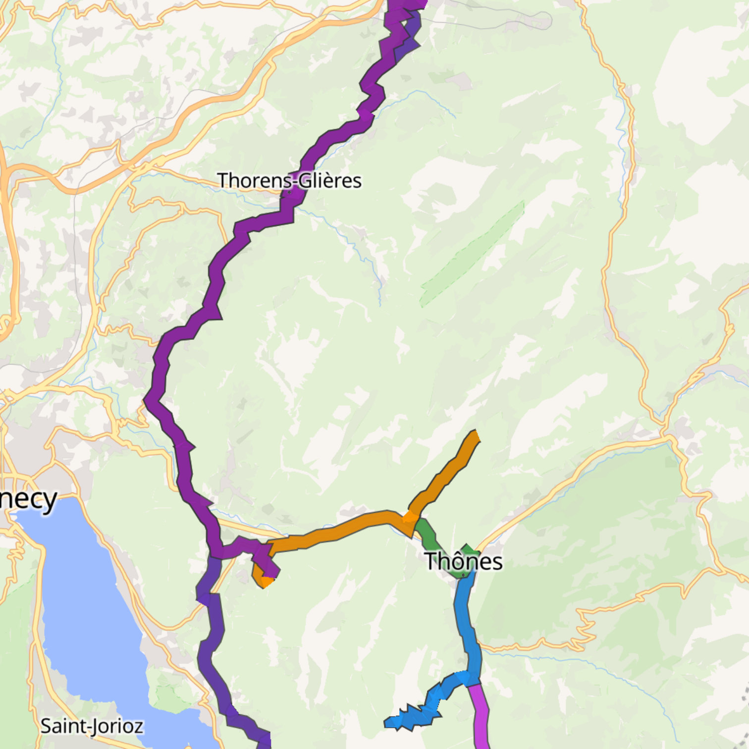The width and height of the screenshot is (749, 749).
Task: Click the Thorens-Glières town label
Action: pos(289,180)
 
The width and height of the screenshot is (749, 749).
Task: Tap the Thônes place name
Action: pos(463,561)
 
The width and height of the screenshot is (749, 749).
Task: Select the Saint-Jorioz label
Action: pos(92,726)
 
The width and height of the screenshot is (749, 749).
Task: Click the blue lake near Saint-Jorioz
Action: pos(89,619)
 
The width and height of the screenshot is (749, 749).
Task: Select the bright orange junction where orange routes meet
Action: pos(410,518)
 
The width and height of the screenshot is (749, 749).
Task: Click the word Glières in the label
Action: pos(330,180)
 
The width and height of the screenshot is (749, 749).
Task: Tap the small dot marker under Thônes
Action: pos(463,575)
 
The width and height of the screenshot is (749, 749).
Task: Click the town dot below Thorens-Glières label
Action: pos(289,192)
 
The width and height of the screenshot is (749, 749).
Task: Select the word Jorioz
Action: pos(117,726)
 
